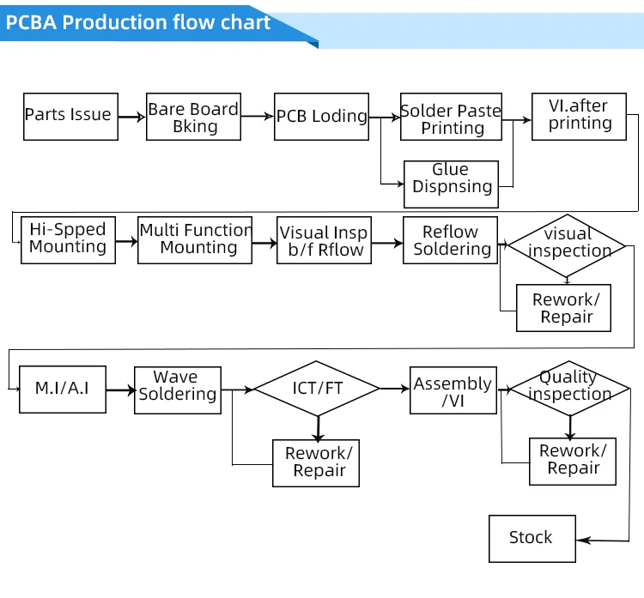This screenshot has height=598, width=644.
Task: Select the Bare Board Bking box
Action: pos(193,117)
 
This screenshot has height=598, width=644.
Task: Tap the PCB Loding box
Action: pos(321,117)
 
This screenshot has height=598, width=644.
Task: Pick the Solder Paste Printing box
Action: pos(452,118)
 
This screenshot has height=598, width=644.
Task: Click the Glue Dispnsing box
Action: pos(451,184)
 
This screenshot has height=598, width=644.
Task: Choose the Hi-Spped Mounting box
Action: pos(68,239)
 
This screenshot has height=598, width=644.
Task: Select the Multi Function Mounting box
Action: pos(195,239)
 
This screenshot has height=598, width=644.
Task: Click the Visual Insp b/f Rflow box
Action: pos(324,241)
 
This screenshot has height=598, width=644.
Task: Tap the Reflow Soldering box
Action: pos(450,241)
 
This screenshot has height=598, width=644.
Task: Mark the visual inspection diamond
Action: pos(568,245)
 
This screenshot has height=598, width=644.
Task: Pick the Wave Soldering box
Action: pos(178,390)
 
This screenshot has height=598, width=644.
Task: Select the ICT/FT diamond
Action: pos(317,389)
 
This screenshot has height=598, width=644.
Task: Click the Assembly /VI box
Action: pos(453,391)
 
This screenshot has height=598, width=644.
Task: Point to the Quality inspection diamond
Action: pos(569,388)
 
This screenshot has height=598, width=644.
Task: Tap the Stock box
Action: pos(532,538)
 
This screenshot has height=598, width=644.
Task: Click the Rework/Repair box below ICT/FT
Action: pos(316,462)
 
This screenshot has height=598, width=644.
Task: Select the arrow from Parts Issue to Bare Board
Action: pos(131,117)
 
